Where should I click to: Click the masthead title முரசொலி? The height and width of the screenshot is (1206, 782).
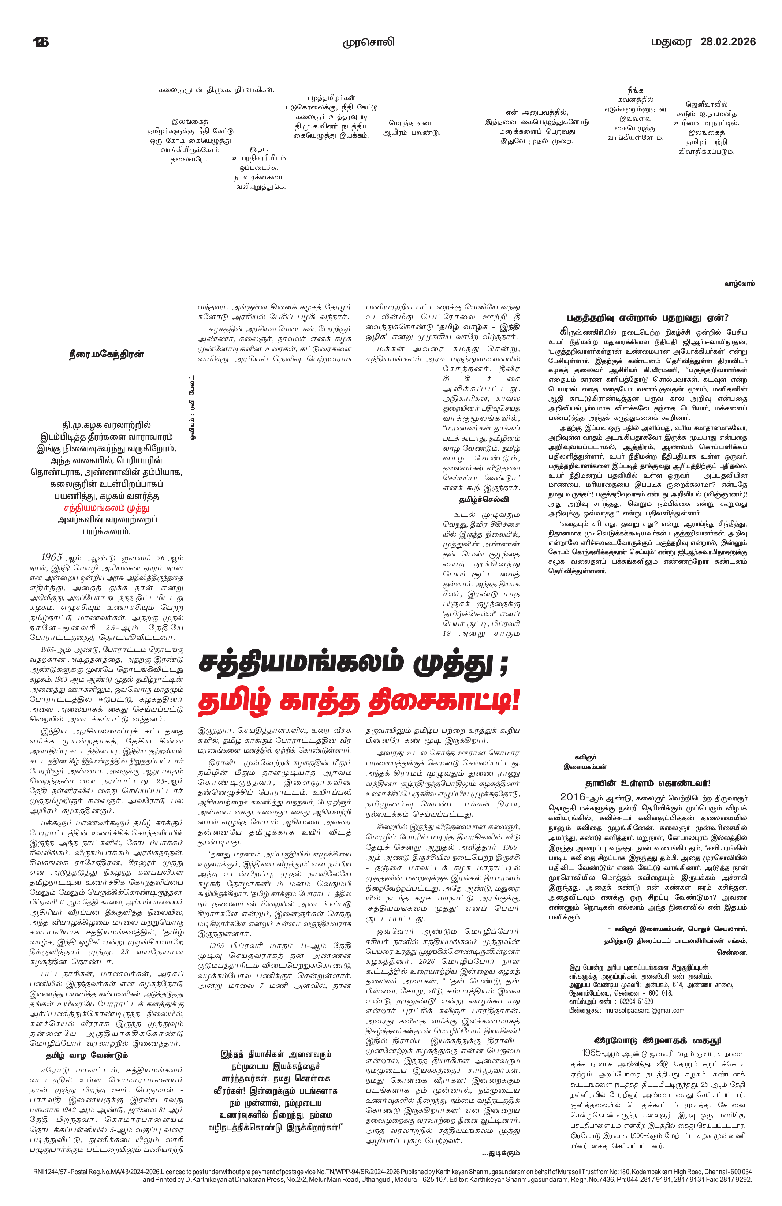[368, 42]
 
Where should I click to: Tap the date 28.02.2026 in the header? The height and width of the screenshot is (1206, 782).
[728, 42]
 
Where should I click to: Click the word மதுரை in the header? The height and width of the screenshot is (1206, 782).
[671, 42]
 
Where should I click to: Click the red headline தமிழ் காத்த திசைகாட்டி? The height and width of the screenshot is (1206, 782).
[359, 701]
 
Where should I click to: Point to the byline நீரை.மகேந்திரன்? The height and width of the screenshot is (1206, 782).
[107, 354]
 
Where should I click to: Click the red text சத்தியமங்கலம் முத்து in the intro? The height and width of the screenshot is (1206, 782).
[107, 508]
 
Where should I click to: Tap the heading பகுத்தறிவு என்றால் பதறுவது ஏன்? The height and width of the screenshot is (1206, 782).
[647, 318]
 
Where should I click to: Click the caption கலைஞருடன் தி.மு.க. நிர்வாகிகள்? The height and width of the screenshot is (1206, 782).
[216, 90]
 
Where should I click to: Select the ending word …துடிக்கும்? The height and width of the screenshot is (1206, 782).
[501, 1153]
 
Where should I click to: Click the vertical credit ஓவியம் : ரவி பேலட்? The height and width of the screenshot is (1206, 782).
[193, 408]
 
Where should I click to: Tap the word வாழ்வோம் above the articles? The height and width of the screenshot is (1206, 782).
[738, 284]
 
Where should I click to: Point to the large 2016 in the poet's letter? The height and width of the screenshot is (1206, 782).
[573, 797]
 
